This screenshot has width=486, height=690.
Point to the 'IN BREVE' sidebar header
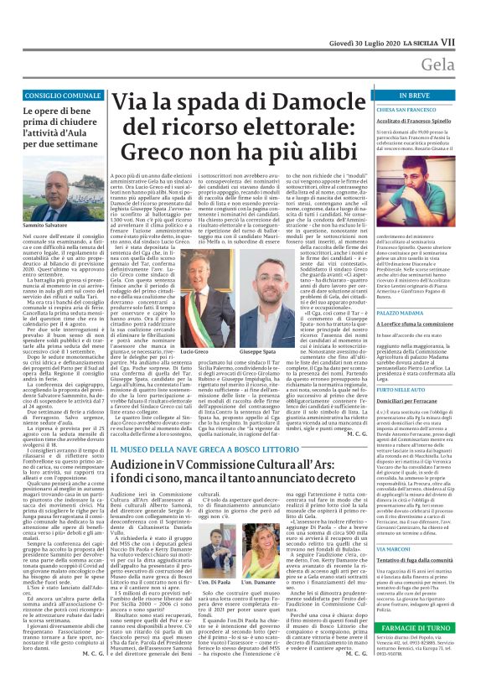(427, 96)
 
